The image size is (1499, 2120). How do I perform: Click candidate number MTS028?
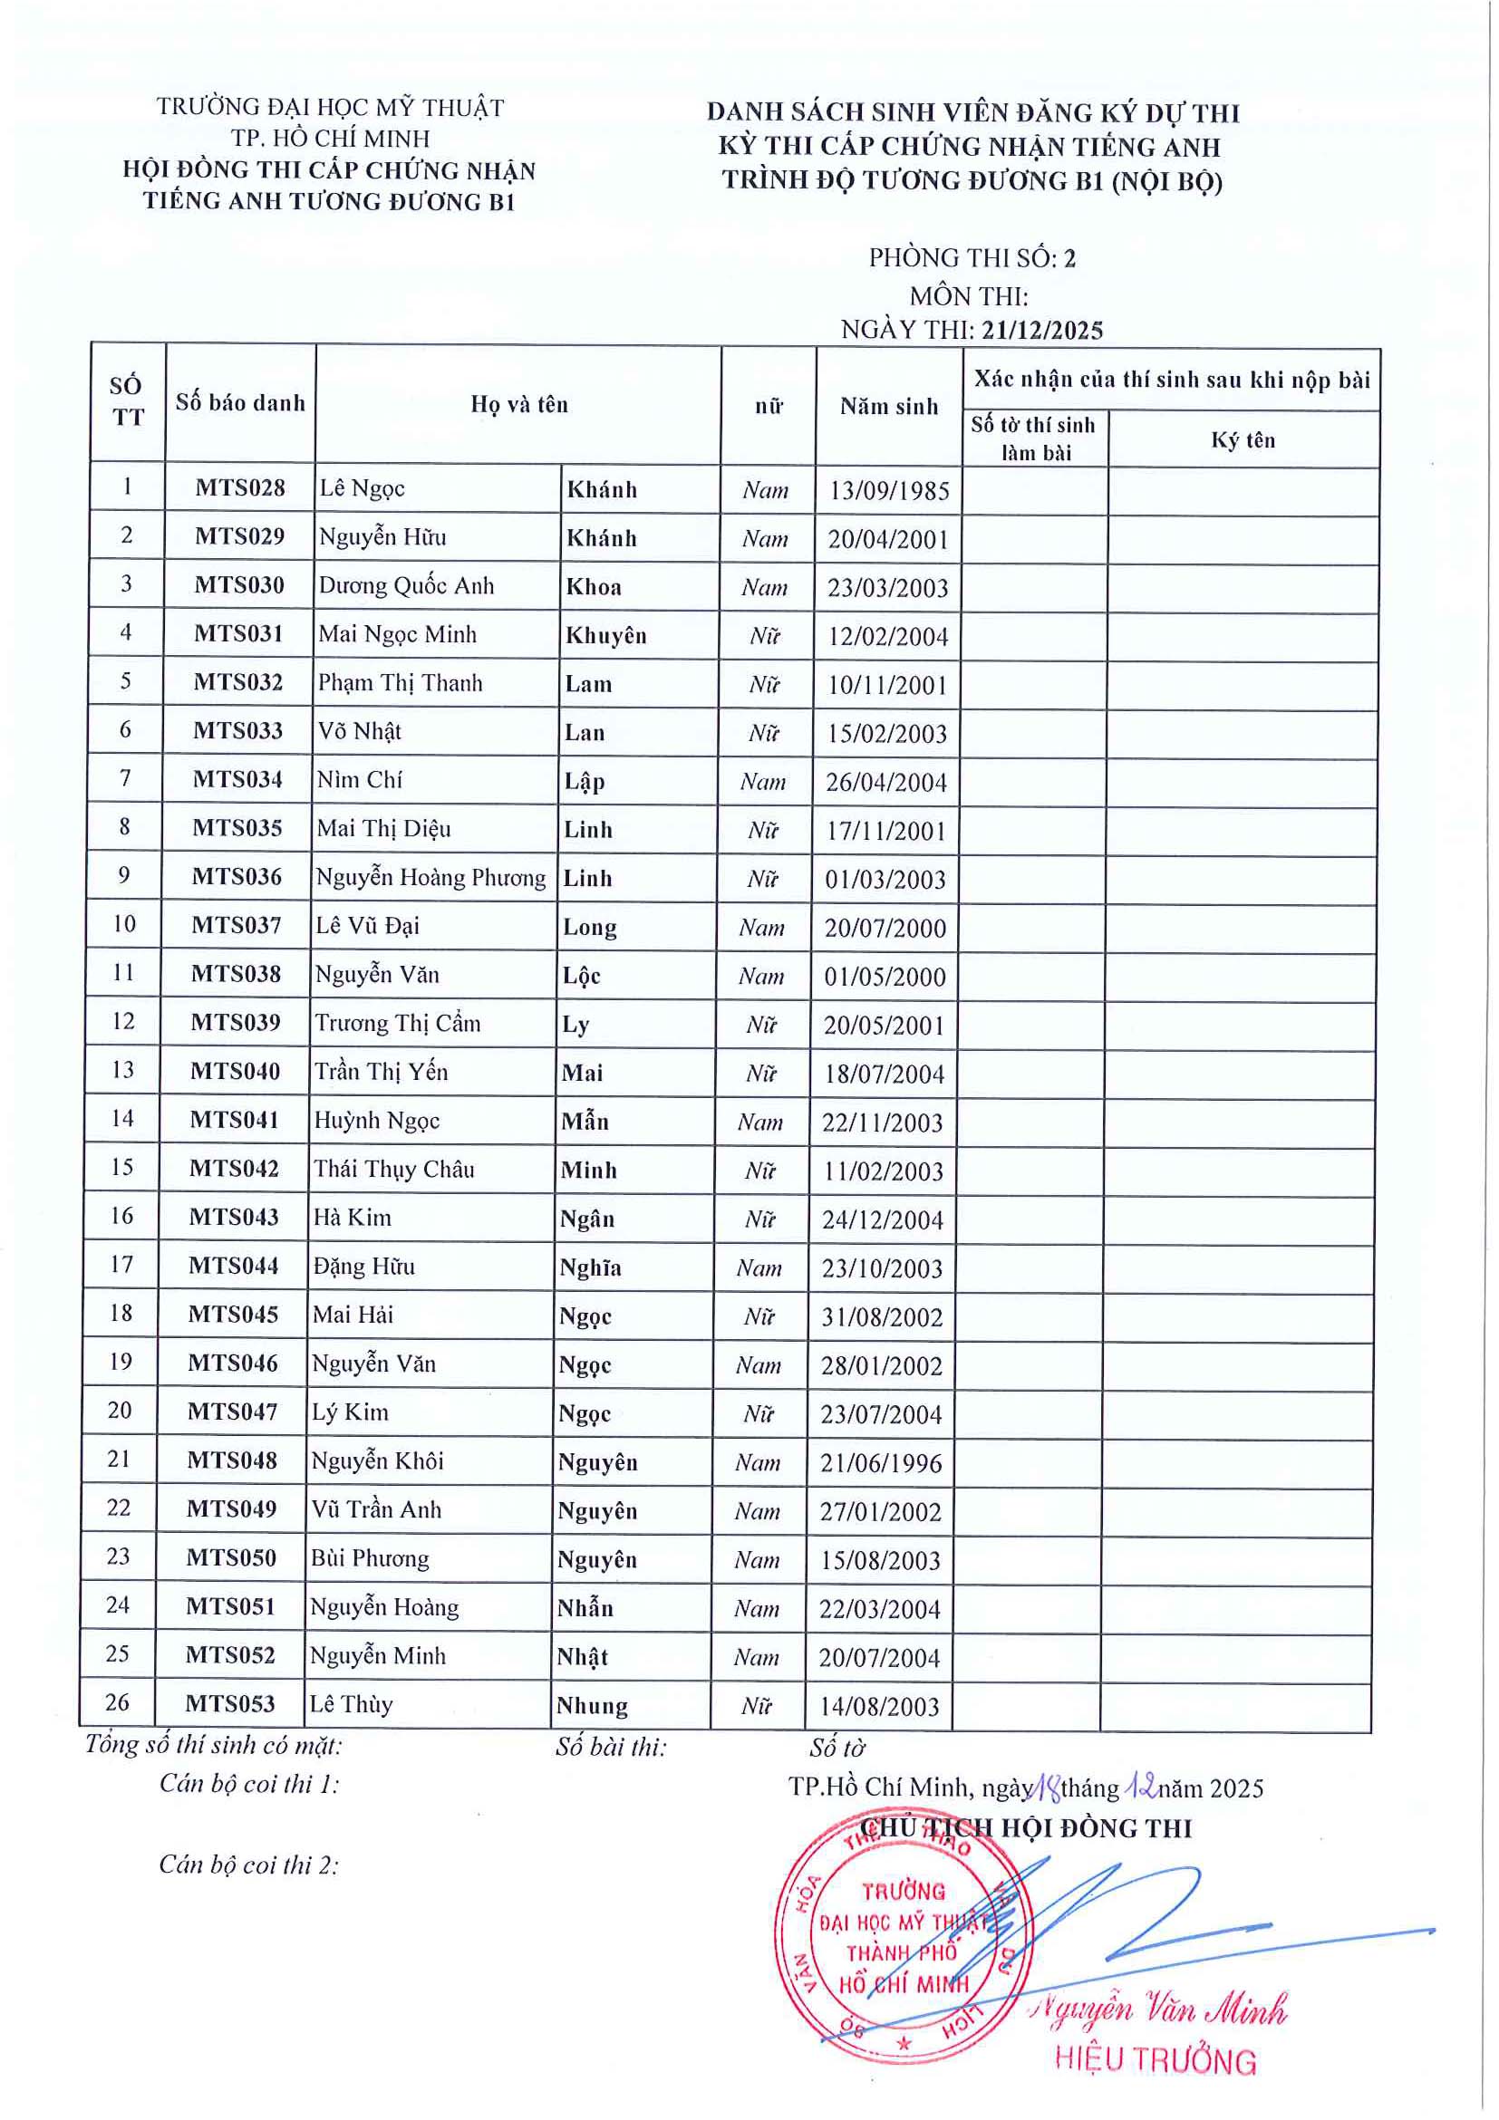pos(240,487)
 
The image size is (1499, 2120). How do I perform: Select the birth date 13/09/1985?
pos(888,490)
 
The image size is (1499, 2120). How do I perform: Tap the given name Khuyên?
pos(606,635)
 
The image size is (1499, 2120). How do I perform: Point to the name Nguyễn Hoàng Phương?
pos(430,877)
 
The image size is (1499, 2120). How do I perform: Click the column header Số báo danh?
pos(240,402)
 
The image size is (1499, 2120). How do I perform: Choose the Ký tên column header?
pos(1243,440)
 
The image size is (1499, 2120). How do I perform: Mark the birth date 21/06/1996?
pos(881,1462)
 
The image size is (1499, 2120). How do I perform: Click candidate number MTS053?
pos(230,1703)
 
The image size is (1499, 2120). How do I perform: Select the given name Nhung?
pos(592,1705)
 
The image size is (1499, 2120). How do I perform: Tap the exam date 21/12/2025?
pos(1042,330)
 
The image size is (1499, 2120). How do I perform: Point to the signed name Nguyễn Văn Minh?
pos(1161,2009)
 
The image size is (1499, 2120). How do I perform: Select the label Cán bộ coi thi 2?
pos(248,1865)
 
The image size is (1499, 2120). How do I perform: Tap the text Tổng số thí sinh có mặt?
pos(213,1745)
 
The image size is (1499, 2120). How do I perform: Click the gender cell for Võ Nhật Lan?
pos(764,733)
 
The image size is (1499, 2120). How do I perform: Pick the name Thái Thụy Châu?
pos(393,1169)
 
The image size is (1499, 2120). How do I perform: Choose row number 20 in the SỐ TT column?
pos(120,1410)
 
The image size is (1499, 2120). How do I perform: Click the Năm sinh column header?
pos(888,406)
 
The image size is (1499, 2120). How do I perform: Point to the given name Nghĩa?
pos(590,1267)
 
